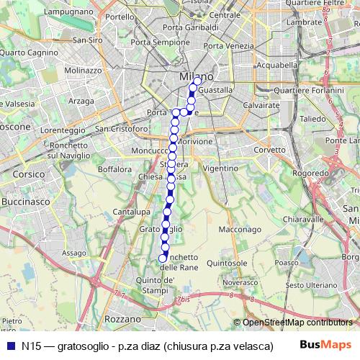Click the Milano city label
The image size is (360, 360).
click(195, 76)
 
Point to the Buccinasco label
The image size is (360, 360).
click(26, 204)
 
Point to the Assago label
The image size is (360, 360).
click(73, 253)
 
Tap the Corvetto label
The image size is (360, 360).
click(270, 150)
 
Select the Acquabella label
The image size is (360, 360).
click(276, 64)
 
